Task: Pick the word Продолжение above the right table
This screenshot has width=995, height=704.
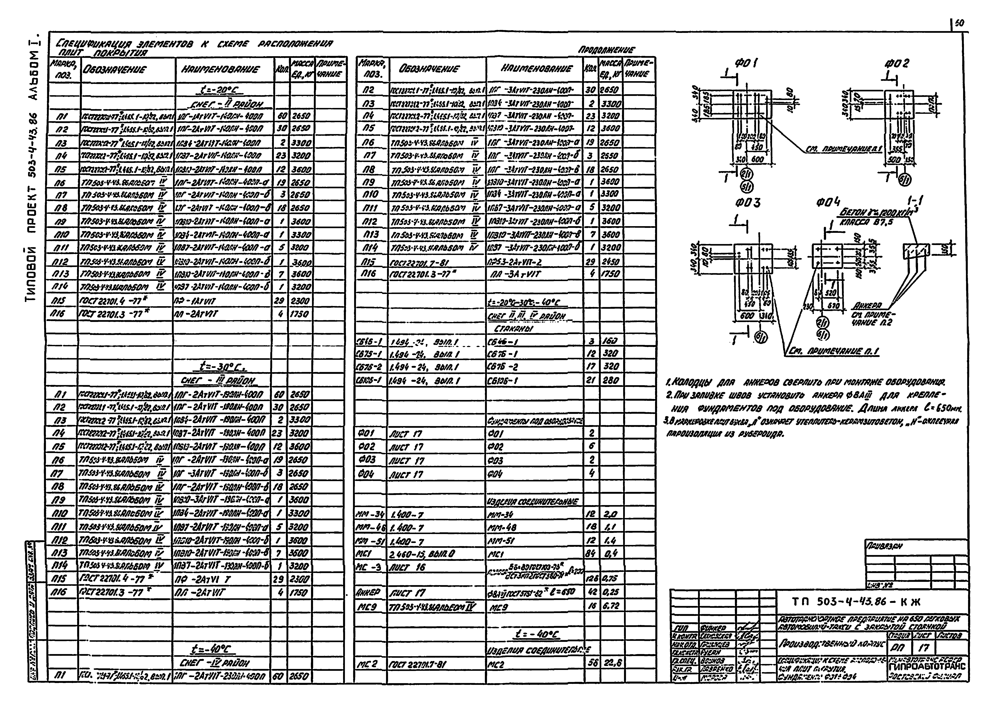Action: point(607,50)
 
